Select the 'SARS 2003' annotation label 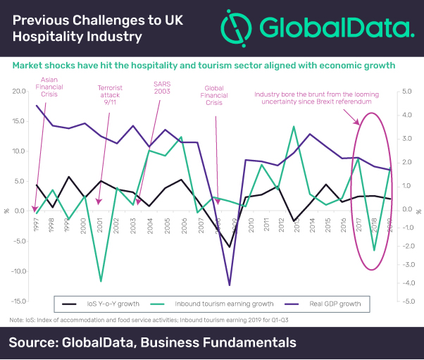(163, 89)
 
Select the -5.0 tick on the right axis (408, 301)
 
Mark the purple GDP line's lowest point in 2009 (230, 285)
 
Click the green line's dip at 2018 (375, 250)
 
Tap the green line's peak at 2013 (294, 127)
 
